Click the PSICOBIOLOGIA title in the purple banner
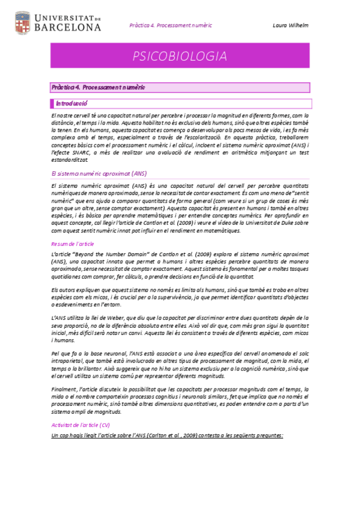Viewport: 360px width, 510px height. [x=180, y=57]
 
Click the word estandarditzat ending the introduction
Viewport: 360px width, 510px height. [x=70, y=160]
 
